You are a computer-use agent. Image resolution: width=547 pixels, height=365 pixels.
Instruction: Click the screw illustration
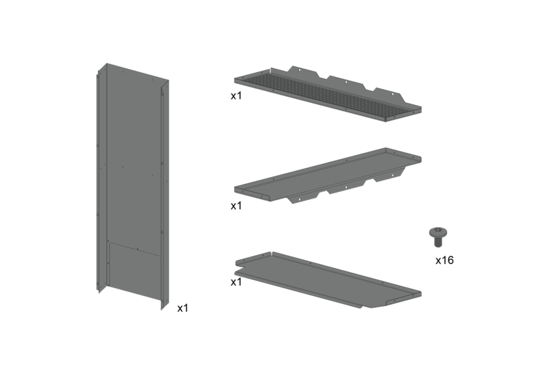click(x=438, y=237)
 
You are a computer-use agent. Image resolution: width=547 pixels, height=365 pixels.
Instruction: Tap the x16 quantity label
click(x=444, y=260)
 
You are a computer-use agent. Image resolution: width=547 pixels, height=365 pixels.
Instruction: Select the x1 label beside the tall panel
click(x=183, y=308)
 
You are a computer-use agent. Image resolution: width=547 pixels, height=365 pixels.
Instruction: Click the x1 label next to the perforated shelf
click(x=236, y=96)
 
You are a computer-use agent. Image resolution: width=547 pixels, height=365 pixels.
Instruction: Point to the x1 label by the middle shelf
click(x=236, y=206)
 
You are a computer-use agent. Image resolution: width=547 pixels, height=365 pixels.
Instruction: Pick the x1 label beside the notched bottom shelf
click(x=236, y=282)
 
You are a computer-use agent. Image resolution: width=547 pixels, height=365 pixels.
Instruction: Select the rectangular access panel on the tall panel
click(x=135, y=264)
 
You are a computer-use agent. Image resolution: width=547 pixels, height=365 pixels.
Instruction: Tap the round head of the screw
click(x=438, y=231)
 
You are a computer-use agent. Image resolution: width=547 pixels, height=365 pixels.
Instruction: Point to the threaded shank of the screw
click(x=438, y=241)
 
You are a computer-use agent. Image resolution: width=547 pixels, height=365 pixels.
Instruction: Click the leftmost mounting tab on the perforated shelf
click(x=303, y=71)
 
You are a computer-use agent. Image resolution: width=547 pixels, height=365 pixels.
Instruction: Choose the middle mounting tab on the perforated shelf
click(x=346, y=81)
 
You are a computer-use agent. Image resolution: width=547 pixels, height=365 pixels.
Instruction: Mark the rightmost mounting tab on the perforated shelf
click(x=390, y=93)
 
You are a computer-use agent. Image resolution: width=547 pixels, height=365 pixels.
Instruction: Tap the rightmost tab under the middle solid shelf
click(x=390, y=174)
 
